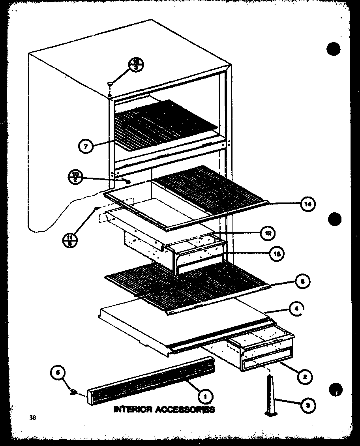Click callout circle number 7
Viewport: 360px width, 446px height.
coord(86,146)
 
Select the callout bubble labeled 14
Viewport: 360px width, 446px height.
coord(307,204)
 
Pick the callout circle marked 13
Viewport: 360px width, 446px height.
coord(275,254)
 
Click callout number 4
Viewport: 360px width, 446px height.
coord(296,309)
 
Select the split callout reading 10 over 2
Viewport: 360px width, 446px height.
coord(75,177)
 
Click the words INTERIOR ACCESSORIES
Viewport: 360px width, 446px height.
coord(164,409)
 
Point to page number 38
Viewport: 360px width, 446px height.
coord(33,418)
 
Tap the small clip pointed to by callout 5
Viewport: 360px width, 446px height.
coord(73,392)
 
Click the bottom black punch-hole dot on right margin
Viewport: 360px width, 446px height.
coord(335,389)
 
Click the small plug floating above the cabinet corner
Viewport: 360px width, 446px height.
coord(110,83)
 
